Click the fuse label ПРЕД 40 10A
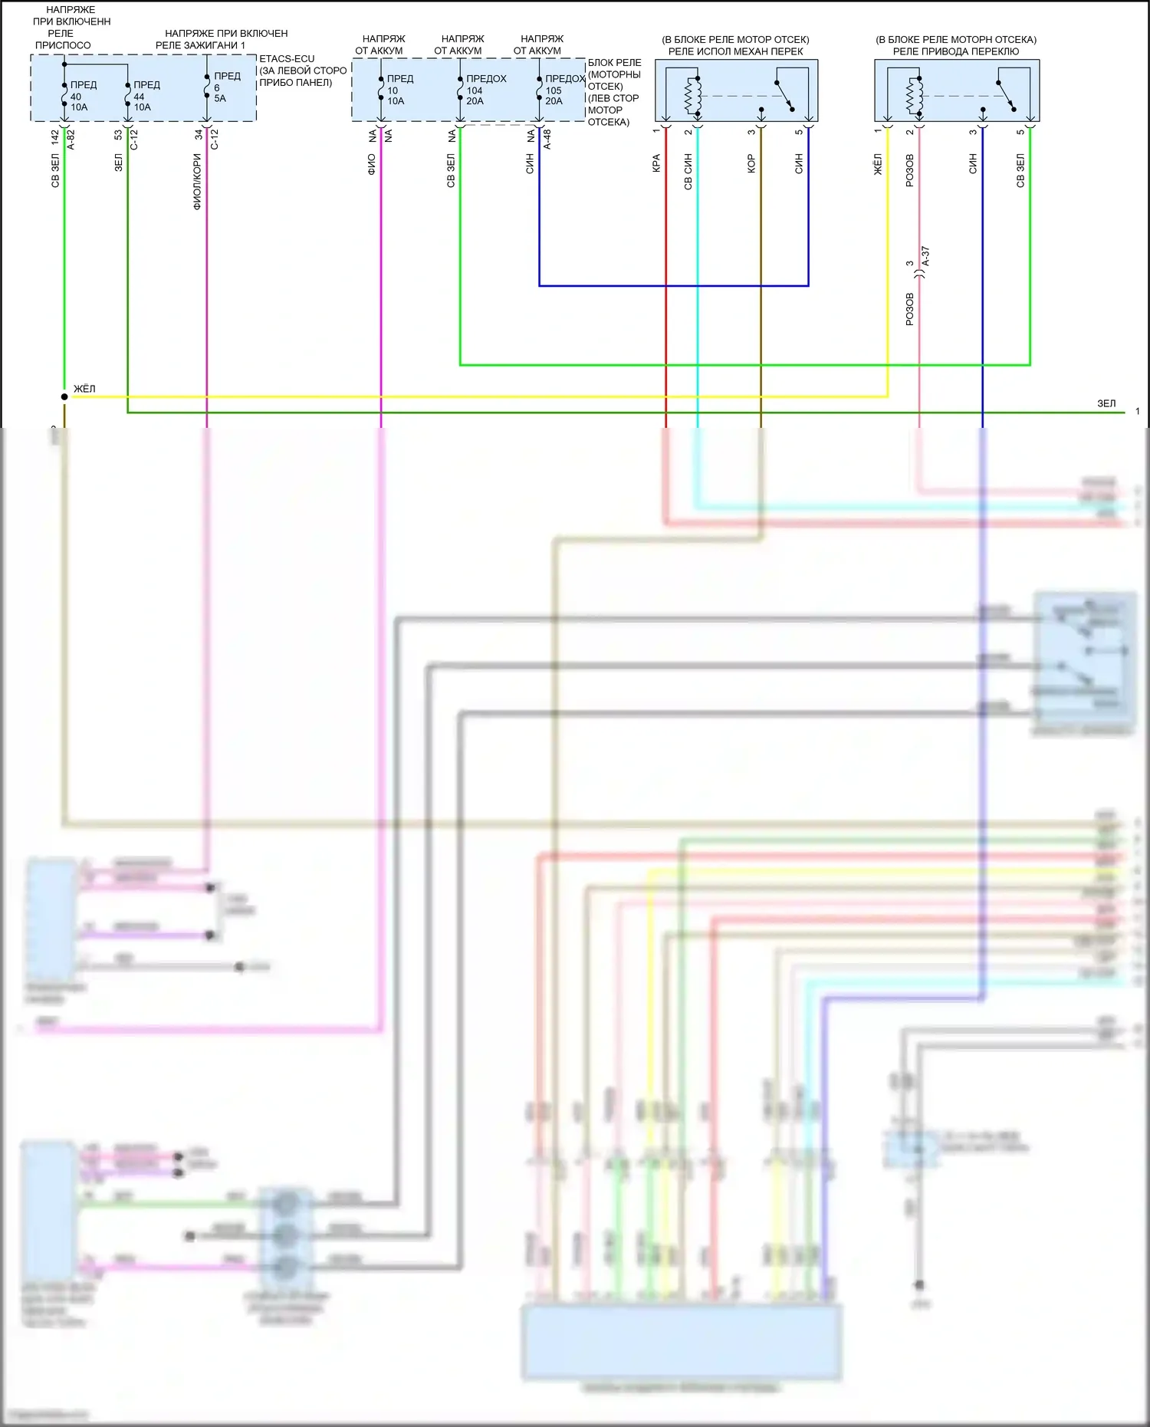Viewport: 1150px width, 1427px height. [x=81, y=96]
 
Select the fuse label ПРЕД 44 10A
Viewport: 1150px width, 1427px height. [x=145, y=96]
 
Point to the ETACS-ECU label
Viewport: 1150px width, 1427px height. [x=287, y=58]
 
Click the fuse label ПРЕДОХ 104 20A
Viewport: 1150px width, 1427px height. [x=484, y=90]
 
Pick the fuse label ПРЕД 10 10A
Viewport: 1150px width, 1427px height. [x=398, y=90]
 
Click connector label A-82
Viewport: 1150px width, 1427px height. [x=71, y=140]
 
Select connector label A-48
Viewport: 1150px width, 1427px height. [x=547, y=140]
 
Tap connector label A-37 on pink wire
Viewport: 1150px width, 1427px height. [x=925, y=257]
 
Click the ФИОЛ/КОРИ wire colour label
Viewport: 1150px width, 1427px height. [x=197, y=182]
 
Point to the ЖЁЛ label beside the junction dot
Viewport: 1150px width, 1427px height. [x=84, y=389]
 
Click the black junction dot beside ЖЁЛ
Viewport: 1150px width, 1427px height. [x=64, y=397]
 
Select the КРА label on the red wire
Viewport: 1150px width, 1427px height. [x=656, y=163]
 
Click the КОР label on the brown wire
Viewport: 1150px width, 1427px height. [x=751, y=163]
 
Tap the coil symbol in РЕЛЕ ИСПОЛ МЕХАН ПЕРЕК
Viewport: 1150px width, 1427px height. [x=694, y=95]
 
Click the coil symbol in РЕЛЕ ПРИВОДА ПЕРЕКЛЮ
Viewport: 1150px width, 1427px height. [x=914, y=95]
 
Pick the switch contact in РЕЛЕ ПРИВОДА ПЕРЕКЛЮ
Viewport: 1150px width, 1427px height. [x=1007, y=94]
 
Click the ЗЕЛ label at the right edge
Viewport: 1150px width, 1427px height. [x=1106, y=403]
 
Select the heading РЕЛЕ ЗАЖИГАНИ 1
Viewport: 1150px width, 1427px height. [x=200, y=45]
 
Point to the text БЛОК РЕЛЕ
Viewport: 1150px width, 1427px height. [x=615, y=63]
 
